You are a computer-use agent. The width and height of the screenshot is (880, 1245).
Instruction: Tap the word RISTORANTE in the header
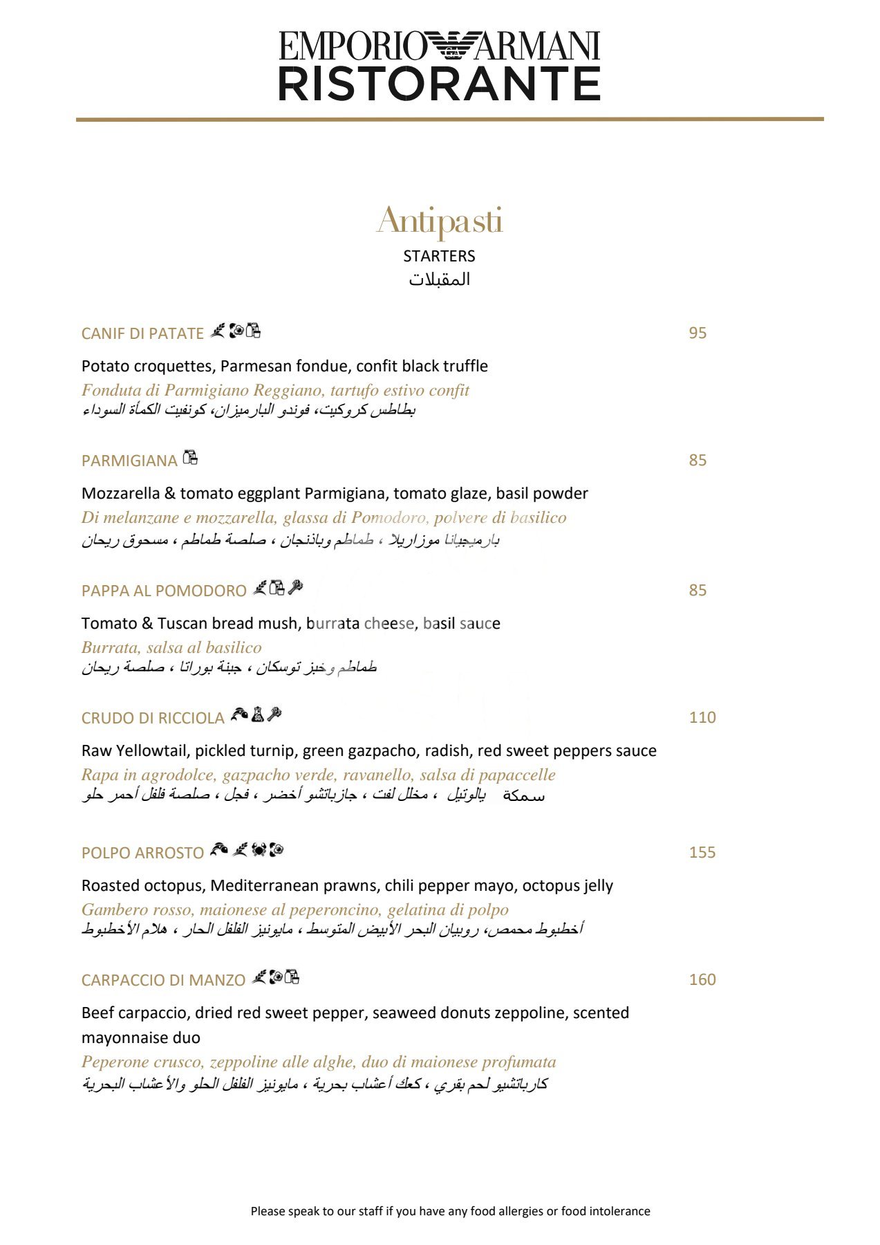(x=439, y=84)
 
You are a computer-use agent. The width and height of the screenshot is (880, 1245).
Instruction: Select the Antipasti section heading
(x=440, y=221)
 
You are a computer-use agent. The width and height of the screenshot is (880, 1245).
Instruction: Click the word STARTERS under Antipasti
(x=439, y=256)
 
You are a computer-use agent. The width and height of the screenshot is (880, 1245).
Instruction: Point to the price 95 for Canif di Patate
(x=698, y=333)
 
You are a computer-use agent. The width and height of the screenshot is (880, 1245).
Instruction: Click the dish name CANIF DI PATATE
(x=142, y=333)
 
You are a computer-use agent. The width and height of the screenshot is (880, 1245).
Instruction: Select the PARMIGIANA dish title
(x=129, y=461)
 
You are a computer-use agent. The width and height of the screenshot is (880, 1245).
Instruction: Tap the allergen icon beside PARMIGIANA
(x=191, y=457)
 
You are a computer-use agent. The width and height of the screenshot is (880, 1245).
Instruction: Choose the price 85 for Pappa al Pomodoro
(x=698, y=590)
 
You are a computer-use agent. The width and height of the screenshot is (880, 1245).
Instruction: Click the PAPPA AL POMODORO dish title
(x=164, y=591)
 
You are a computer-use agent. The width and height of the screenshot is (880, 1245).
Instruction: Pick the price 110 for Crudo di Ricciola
(x=702, y=717)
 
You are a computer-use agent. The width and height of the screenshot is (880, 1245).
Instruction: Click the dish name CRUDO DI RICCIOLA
(x=153, y=718)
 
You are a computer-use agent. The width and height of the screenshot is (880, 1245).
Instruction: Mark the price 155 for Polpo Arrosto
(x=702, y=852)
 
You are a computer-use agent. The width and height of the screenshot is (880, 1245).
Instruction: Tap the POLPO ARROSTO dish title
(x=142, y=853)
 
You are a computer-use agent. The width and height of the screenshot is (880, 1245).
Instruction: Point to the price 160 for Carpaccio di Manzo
(x=702, y=979)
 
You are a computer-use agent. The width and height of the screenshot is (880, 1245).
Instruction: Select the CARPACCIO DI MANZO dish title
(x=163, y=980)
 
